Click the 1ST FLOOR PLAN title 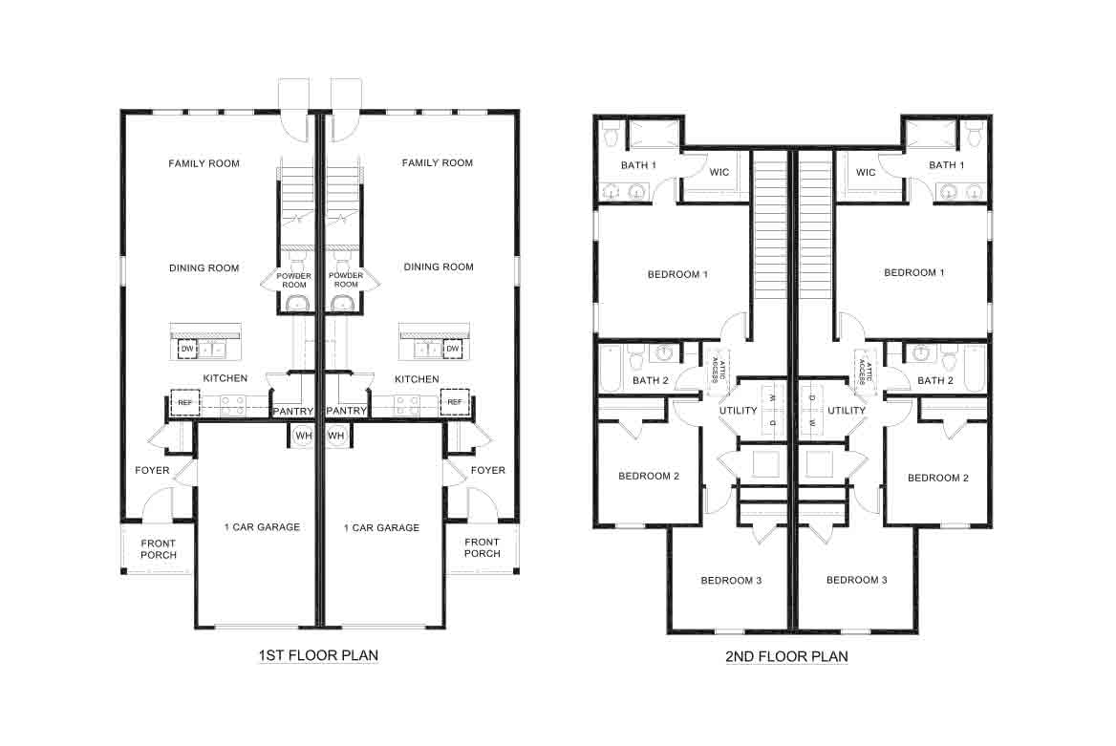pos(318,656)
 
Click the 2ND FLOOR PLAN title pos(786,656)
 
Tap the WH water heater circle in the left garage pos(304,436)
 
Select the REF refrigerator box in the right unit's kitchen pos(455,402)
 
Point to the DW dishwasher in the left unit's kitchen pos(186,350)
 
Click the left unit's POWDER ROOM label pos(292,279)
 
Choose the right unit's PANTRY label pos(346,411)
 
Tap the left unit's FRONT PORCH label pos(159,548)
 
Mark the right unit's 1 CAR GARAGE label pos(382,527)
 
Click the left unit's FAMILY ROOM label pos(204,163)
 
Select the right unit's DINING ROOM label pos(439,267)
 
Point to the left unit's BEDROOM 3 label pos(731,581)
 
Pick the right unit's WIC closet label pos(866,173)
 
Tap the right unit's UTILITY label pos(847,411)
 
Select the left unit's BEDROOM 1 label pos(677,275)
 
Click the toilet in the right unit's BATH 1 pos(974,135)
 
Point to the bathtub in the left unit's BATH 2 pos(611,369)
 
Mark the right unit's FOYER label pos(488,470)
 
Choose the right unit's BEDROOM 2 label pos(937,478)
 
